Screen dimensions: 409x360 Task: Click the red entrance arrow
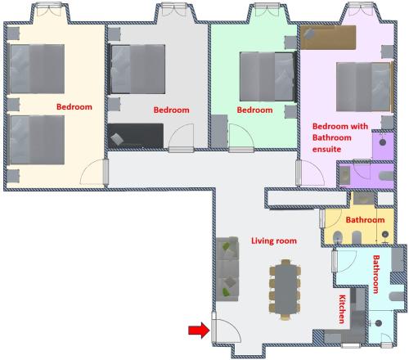pos(199,331)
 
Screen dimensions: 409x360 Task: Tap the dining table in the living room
pos(285,290)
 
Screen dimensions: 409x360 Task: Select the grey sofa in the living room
pos(227,269)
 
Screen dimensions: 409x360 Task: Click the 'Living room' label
pos(274,241)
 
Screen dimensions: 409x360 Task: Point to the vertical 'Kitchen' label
pos(342,309)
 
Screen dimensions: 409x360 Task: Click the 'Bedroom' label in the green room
pos(254,110)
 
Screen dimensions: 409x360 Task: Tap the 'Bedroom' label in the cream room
pos(74,106)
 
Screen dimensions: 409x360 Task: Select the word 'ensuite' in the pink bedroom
pos(326,149)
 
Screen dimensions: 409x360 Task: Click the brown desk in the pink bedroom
pos(328,38)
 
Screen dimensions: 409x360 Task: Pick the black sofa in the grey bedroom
pos(136,136)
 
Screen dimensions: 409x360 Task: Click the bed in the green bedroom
pos(267,77)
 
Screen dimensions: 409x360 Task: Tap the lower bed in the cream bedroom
pos(36,140)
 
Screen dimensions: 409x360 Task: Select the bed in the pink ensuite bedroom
pos(365,87)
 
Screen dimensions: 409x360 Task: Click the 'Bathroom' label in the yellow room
pos(365,220)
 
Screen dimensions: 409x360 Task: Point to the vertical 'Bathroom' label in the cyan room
pos(376,274)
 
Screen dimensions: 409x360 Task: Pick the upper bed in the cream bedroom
pos(36,69)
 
